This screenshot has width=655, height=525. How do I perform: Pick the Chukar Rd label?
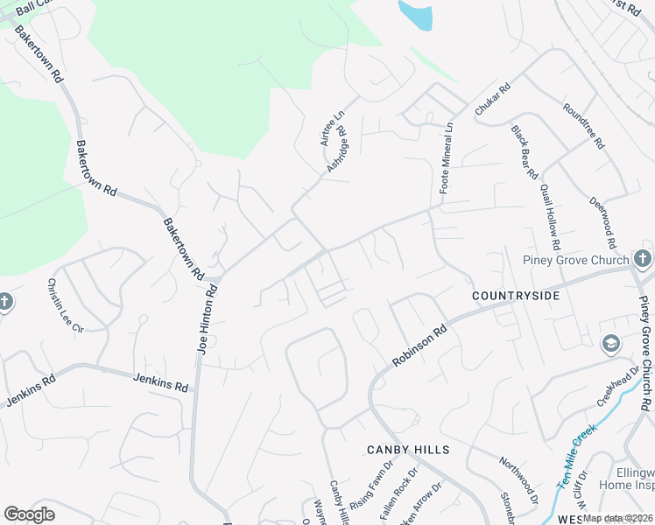[x=492, y=100]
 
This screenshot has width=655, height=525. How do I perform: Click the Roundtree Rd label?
[x=583, y=125]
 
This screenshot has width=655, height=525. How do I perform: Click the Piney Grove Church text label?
[x=576, y=260]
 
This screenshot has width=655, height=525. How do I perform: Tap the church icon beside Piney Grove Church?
[x=642, y=258]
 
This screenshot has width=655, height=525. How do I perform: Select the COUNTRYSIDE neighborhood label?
[x=516, y=297]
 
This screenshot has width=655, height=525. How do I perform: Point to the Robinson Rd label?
[x=420, y=346]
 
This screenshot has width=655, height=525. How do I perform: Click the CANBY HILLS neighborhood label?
[x=408, y=450]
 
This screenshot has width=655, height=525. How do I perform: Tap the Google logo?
[x=29, y=514]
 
